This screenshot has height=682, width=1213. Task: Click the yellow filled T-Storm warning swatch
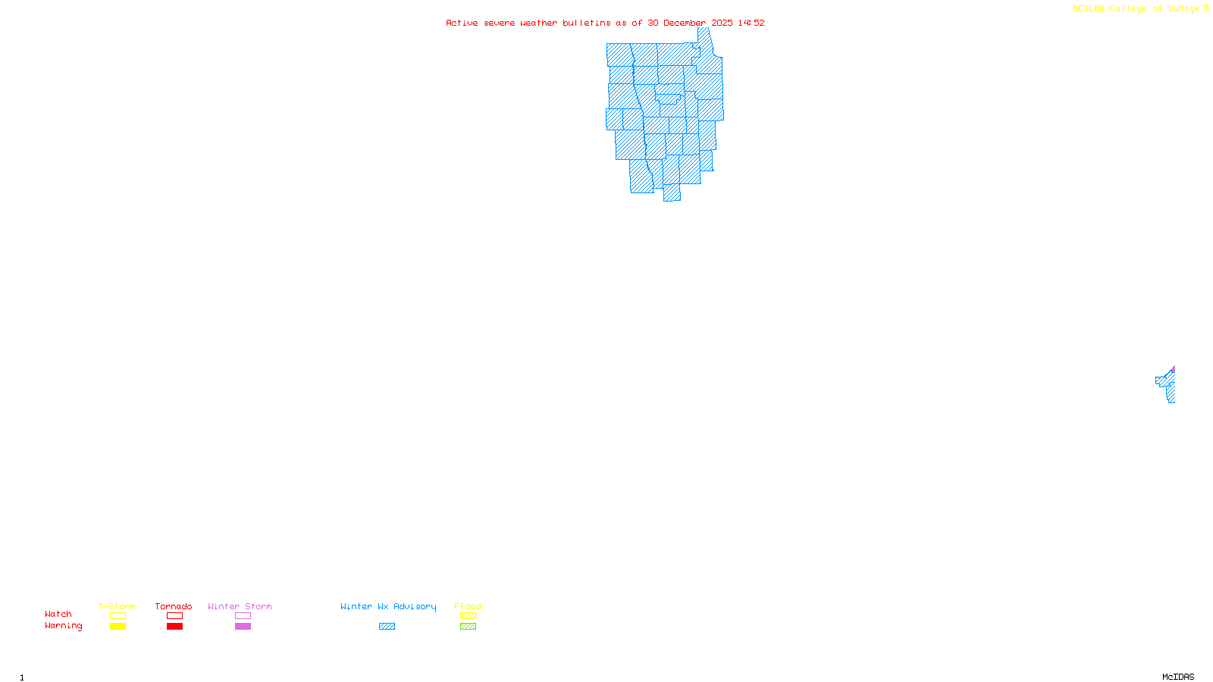click(x=118, y=627)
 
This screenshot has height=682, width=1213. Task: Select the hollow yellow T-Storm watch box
click(x=118, y=616)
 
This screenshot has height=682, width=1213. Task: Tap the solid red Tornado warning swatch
click(x=174, y=627)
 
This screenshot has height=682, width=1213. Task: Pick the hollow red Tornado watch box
click(x=174, y=616)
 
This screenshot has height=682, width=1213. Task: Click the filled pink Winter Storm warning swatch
click(x=243, y=627)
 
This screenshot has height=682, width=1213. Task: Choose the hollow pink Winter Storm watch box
click(x=243, y=616)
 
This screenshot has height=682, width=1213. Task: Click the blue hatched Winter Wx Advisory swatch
click(x=387, y=627)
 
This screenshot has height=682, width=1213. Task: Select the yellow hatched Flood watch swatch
click(x=468, y=616)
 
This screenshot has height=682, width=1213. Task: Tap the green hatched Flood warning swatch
click(x=468, y=627)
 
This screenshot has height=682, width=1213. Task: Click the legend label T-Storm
click(x=117, y=606)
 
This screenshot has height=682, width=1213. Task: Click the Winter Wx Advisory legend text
click(x=388, y=606)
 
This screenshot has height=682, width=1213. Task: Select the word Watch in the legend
click(x=58, y=614)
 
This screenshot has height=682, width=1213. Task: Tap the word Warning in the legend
click(x=64, y=626)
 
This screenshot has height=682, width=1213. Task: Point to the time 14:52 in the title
click(x=751, y=23)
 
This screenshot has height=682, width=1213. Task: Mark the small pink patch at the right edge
click(x=1173, y=370)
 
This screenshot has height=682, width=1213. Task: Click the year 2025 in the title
click(x=722, y=23)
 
